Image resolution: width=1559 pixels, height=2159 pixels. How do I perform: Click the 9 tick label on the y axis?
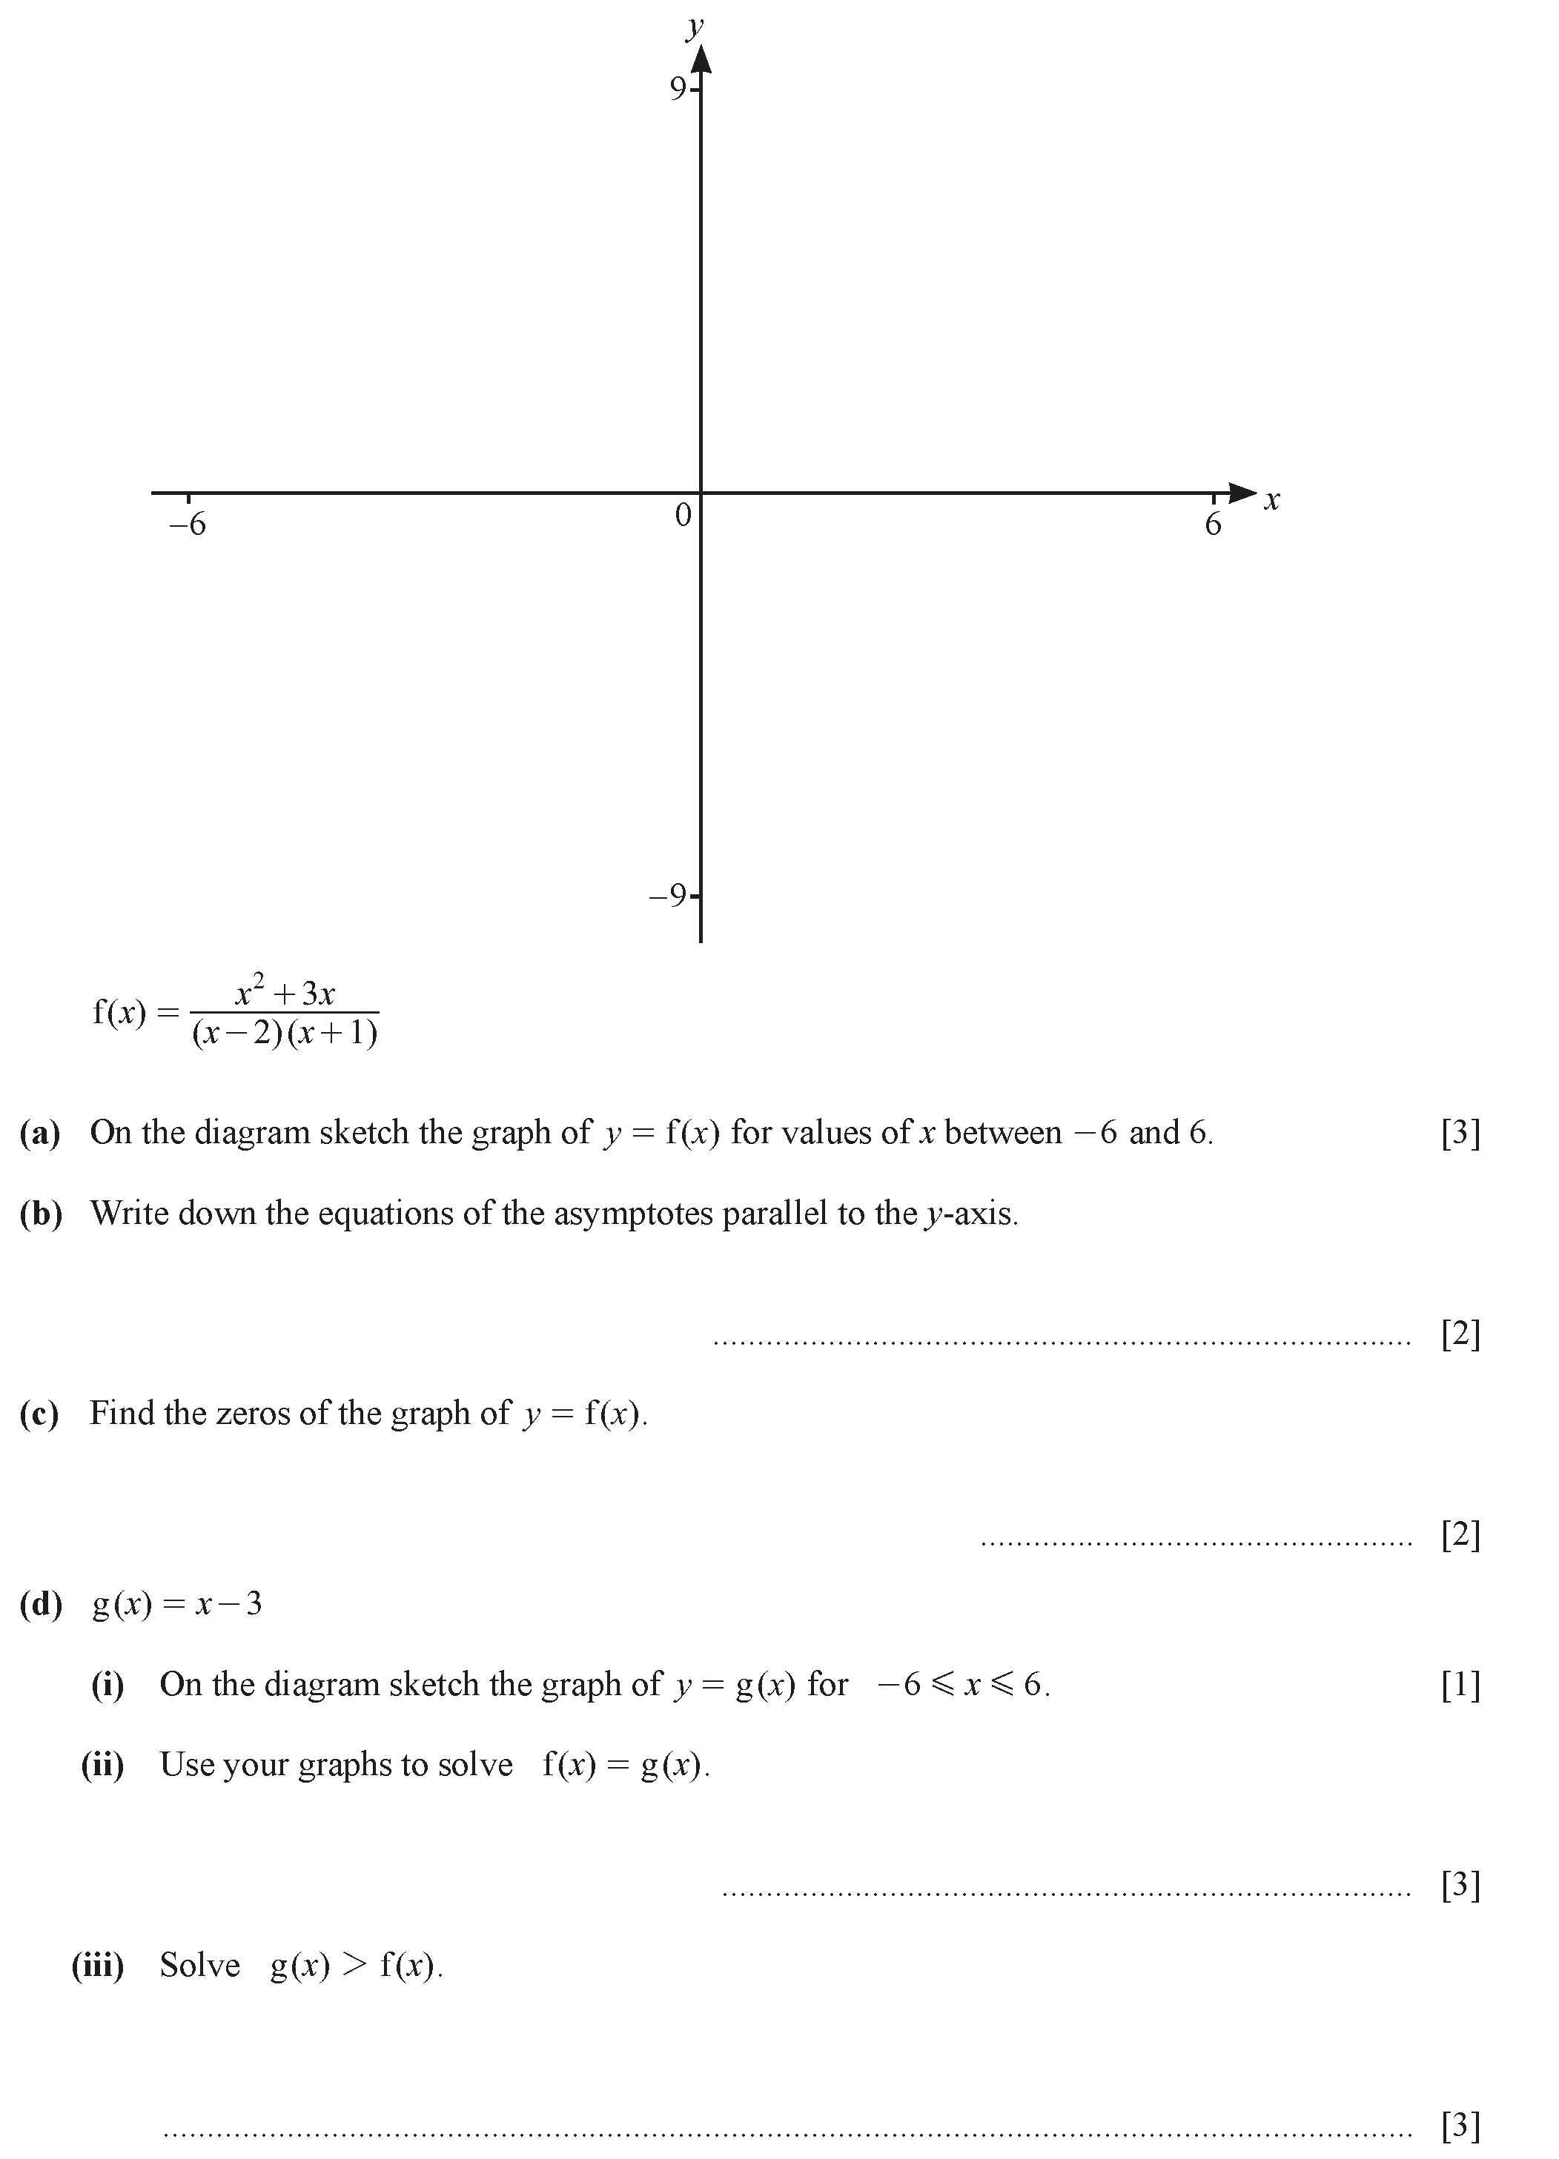click(677, 88)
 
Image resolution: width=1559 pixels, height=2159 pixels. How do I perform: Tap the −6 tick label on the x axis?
click(187, 525)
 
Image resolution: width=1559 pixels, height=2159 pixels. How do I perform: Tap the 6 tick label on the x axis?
click(1212, 525)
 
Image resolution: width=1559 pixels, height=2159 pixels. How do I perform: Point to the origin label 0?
click(683, 515)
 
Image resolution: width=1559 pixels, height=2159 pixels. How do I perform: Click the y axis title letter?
click(695, 26)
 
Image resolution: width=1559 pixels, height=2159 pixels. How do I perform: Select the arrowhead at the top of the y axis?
click(701, 59)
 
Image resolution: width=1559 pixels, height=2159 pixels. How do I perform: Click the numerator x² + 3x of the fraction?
click(285, 992)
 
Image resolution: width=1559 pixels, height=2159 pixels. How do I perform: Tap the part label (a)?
click(40, 1133)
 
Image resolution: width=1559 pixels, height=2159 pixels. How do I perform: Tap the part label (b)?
click(41, 1214)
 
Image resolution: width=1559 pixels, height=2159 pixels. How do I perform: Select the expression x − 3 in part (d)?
click(228, 1605)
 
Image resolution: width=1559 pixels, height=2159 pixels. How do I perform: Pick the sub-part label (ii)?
click(103, 1765)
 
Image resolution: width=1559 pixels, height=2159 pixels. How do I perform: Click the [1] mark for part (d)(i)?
click(1460, 1685)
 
